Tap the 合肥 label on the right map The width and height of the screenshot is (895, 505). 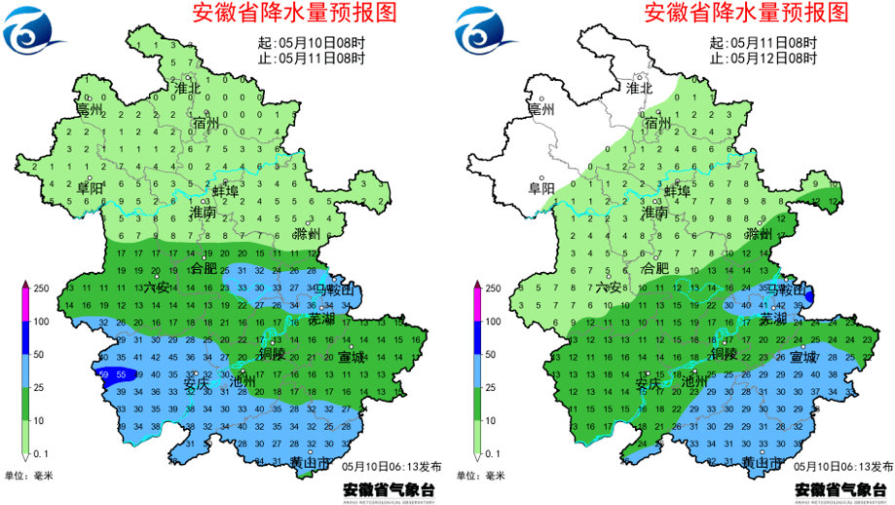[655, 267]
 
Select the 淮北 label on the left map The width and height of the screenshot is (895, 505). [186, 88]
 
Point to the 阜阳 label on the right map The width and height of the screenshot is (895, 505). [541, 187]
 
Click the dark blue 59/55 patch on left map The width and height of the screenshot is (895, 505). [110, 374]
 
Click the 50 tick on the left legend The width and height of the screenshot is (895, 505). [43, 354]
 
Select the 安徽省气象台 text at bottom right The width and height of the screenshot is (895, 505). [842, 488]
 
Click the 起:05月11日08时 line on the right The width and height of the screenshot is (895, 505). [763, 43]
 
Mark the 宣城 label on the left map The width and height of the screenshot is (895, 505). [352, 358]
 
